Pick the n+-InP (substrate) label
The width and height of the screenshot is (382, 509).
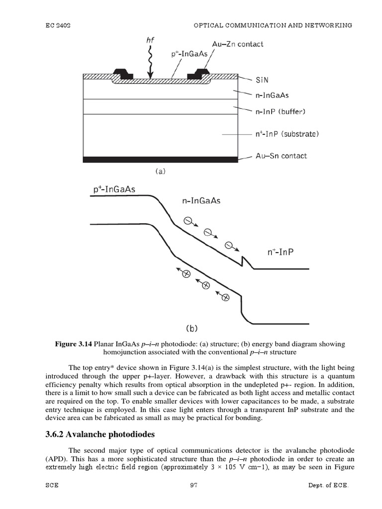point(286,134)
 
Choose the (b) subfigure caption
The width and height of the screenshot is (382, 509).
point(192,328)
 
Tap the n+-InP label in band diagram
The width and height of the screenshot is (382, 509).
point(281,252)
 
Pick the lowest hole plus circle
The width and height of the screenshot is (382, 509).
point(224,297)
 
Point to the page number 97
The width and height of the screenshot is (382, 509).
point(193,500)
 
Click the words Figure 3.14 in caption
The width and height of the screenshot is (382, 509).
point(76,344)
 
